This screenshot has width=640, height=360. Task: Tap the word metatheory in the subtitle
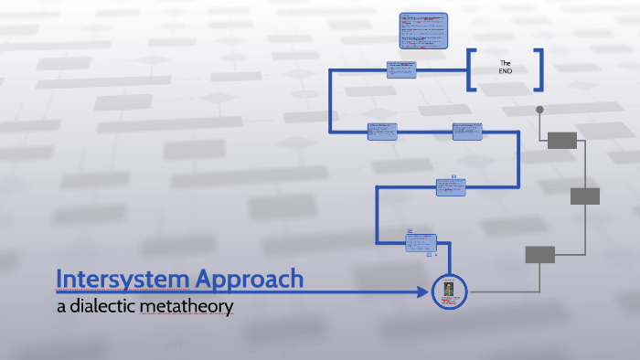click(x=187, y=306)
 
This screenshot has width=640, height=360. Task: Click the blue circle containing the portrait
click(x=449, y=291)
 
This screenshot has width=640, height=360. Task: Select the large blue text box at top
click(x=423, y=31)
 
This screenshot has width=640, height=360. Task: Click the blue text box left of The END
click(x=401, y=70)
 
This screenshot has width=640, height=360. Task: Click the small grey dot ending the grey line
click(x=539, y=110)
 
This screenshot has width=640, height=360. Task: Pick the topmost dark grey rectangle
click(x=562, y=140)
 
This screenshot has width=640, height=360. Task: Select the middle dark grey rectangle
click(x=585, y=196)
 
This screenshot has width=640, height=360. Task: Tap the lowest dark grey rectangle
click(x=539, y=254)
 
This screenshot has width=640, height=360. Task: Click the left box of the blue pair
click(x=382, y=132)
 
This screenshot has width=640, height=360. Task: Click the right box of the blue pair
click(x=467, y=132)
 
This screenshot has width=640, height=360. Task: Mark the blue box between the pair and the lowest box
click(x=452, y=187)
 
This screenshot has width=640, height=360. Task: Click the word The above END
click(x=505, y=62)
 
